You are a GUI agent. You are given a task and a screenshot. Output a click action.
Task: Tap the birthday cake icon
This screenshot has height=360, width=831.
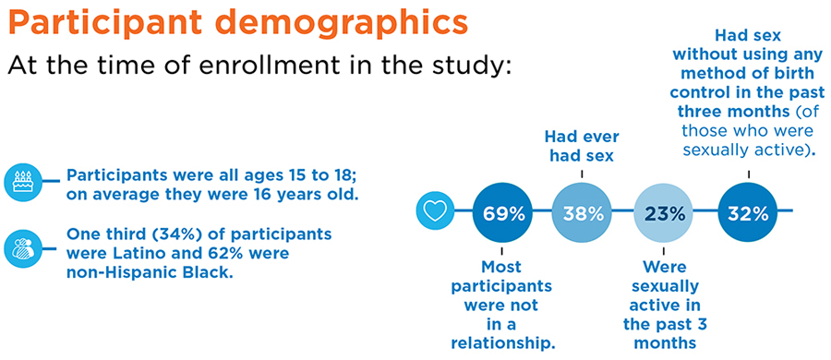23,181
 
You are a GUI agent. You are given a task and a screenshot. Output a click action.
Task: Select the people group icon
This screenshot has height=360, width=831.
23,247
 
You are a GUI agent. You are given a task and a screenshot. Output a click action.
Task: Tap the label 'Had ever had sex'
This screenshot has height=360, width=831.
582,147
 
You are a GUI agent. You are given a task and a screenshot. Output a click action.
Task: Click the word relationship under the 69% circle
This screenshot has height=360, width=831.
502,342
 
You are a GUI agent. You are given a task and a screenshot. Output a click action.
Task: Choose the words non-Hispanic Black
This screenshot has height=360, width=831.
150,272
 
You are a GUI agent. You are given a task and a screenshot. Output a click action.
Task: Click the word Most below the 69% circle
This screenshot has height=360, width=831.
502,265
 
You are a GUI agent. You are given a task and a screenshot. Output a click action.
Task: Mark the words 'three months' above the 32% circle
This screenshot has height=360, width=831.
733,113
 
